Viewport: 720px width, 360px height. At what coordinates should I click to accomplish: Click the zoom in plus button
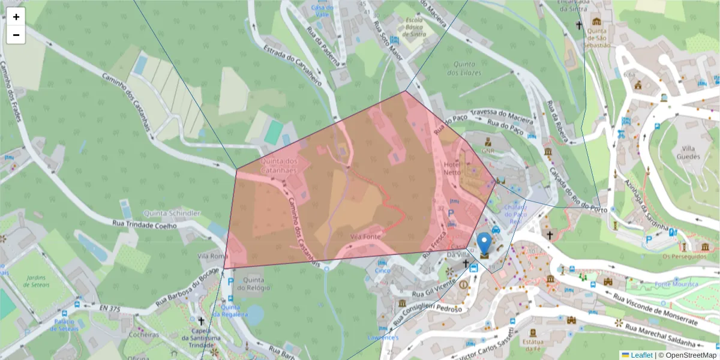(16, 17)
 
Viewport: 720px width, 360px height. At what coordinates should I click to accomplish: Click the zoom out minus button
(16, 35)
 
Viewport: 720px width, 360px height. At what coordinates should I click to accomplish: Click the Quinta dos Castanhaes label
(279, 166)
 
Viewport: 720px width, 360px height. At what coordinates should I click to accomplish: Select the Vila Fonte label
(365, 237)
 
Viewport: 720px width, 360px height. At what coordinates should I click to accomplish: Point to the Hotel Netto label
(452, 168)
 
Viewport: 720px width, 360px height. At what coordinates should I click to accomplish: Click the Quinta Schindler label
(172, 214)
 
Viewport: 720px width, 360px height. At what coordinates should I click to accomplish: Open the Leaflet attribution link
(641, 355)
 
